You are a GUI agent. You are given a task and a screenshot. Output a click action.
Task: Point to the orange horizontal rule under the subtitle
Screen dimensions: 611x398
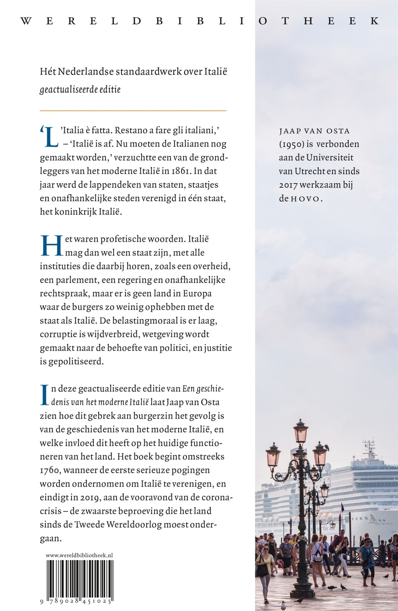click(133, 110)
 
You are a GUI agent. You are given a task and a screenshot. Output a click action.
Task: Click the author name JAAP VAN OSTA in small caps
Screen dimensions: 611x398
click(314, 131)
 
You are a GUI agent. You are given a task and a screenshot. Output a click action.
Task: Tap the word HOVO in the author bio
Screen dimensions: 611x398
click(305, 199)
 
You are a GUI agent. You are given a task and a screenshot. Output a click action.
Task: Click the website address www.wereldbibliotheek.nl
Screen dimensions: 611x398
click(79, 555)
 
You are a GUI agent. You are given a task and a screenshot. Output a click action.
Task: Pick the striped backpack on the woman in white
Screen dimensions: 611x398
click(318, 555)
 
